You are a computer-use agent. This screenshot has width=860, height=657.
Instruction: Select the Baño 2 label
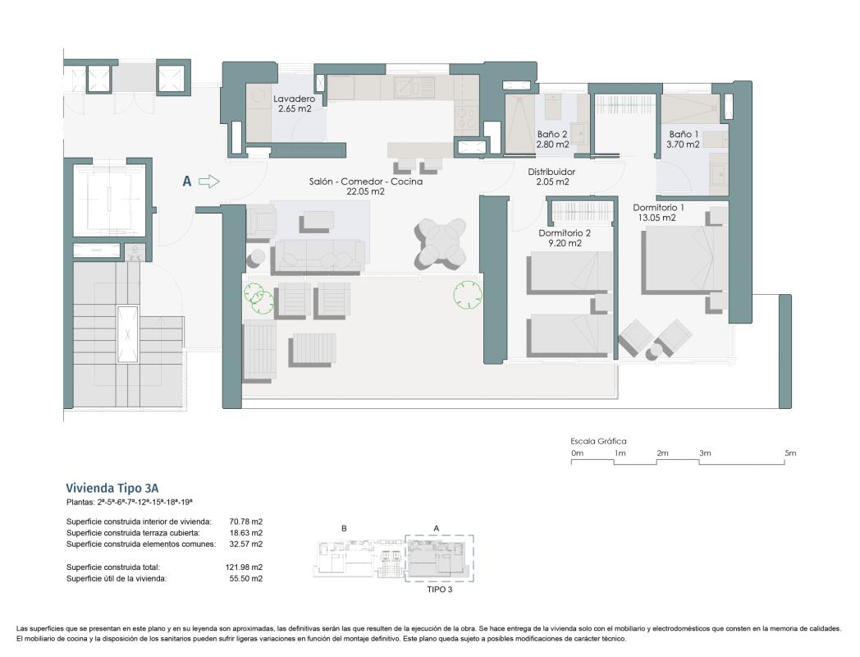pos(552,139)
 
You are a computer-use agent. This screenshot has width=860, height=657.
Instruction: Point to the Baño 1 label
pos(684,139)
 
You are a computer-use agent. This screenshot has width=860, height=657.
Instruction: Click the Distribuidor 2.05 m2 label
pos(552,177)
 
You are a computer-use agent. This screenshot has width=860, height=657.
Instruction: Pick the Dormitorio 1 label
pos(658,213)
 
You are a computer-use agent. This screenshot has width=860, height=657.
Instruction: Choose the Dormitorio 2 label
pos(565,238)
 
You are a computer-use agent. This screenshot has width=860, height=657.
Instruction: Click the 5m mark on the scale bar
pos(790,453)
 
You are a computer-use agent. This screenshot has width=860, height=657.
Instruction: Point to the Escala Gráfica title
pos(598,441)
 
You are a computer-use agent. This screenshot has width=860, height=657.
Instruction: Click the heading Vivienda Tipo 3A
pos(117,487)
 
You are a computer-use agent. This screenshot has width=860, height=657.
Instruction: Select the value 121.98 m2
pos(245,567)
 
